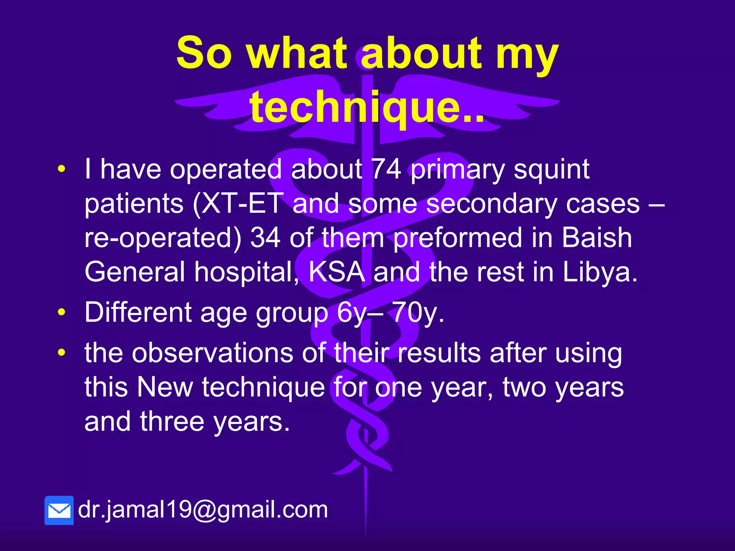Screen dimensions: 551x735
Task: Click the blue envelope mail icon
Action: coord(59,510)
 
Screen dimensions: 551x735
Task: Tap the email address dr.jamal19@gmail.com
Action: coord(203,509)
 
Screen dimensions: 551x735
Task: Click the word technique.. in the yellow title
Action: coord(367,107)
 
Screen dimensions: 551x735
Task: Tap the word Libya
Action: coord(600,272)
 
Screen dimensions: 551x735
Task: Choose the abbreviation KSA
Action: coord(337,272)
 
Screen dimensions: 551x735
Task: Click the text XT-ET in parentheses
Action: coord(243,203)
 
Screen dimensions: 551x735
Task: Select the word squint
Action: coord(551,169)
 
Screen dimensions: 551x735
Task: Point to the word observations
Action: coord(212,353)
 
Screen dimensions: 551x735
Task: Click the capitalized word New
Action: coord(165,387)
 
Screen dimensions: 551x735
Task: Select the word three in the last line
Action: coord(172,422)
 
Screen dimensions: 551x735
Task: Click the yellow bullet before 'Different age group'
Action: coord(62,312)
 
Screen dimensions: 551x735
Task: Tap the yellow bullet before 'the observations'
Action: coord(62,353)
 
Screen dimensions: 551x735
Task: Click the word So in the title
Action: coord(204,53)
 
